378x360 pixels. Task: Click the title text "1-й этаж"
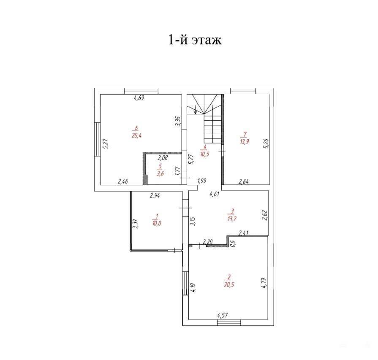195,40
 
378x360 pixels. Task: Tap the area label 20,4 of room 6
136,135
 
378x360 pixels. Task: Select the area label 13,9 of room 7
245,141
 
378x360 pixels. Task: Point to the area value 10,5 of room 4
204,154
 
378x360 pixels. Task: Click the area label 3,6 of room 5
160,173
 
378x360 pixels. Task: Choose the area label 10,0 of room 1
157,223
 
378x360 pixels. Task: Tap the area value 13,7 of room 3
232,219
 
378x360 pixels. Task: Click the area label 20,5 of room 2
229,284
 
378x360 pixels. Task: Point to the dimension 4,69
139,98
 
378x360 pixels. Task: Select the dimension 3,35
178,121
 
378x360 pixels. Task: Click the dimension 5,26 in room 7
267,143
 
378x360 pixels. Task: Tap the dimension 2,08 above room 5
163,158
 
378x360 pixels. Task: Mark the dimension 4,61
214,194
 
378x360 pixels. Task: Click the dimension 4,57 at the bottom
223,315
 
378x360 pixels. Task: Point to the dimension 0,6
233,243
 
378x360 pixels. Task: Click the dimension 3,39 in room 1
135,224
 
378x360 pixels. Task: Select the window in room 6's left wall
97,140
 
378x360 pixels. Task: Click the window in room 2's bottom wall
229,322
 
